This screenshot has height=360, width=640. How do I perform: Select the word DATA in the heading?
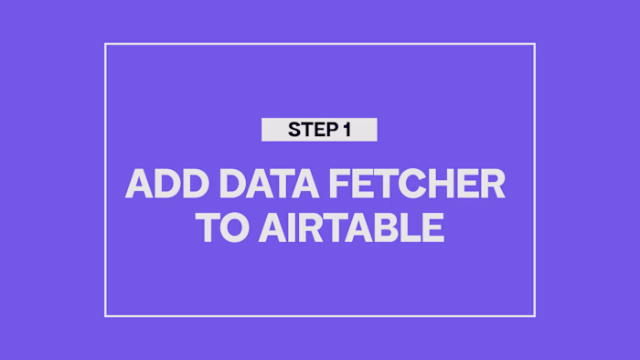262,185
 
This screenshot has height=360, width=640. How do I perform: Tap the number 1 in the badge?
347,131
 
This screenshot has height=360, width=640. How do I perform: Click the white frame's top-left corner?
106,45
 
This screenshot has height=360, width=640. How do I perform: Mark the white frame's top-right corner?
534,45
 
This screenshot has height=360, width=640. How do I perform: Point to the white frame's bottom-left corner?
106,316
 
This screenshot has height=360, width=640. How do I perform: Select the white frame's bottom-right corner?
534,316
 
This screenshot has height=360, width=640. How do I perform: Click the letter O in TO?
229,228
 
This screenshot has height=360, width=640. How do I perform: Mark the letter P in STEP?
330,131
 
